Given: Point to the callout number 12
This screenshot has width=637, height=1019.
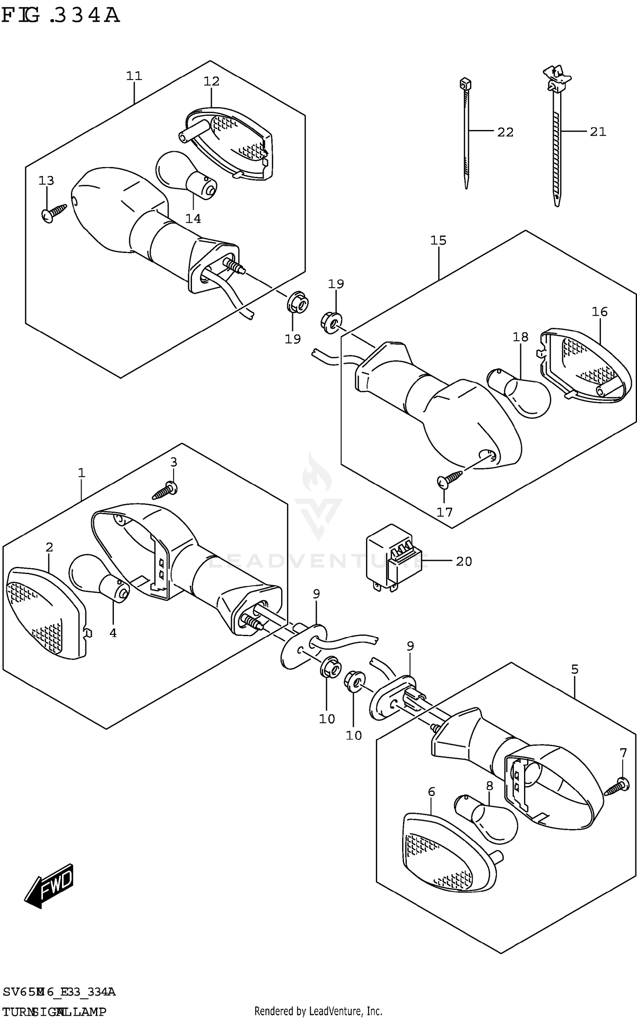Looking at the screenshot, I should [211, 82].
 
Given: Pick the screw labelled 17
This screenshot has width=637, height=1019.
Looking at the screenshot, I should [449, 478].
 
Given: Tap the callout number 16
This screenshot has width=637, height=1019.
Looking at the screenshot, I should [600, 312].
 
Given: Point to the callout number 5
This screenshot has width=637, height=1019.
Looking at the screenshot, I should [574, 670].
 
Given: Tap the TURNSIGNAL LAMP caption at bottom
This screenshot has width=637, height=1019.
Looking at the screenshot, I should [54, 1012].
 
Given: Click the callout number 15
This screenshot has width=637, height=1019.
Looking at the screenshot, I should [438, 241].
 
